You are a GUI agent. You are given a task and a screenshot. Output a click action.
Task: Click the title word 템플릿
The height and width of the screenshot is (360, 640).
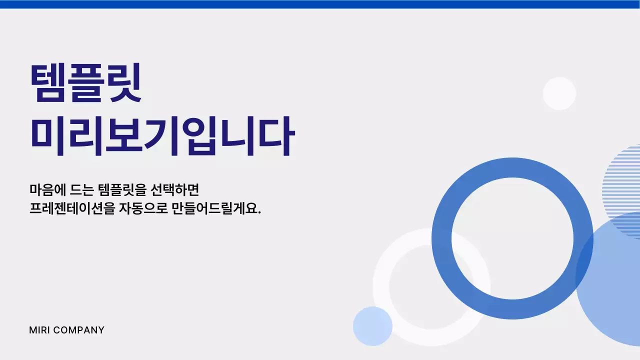tap(86, 83)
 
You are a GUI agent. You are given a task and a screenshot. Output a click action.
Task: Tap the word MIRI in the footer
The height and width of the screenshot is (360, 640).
tap(39, 330)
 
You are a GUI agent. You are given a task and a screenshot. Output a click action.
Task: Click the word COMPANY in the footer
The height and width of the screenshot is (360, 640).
tap(78, 330)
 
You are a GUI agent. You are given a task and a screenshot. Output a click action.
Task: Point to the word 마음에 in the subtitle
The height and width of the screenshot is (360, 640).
tap(44, 190)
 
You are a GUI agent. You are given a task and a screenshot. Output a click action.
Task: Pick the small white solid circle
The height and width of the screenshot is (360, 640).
tap(559, 93)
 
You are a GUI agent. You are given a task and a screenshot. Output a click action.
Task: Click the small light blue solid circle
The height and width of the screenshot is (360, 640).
tap(372, 326)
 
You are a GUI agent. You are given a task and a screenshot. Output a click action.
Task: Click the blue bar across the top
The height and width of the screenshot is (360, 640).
tap(320, 4)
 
